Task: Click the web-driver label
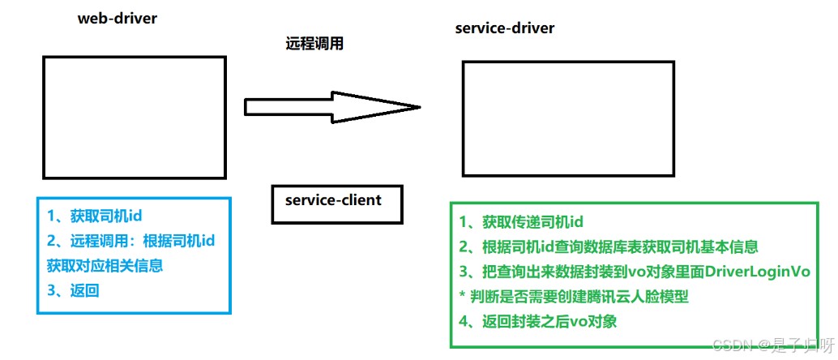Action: [117, 19]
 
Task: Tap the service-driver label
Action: [505, 28]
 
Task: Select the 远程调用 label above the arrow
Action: [314, 44]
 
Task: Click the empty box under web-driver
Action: [135, 117]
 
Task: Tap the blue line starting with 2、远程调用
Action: [130, 241]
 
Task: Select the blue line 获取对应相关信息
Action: [105, 265]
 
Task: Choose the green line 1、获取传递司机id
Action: [521, 222]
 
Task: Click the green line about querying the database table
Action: [608, 247]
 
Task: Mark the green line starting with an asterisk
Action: [574, 297]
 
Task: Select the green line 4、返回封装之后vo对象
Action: [538, 322]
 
